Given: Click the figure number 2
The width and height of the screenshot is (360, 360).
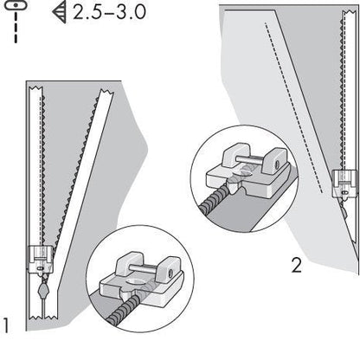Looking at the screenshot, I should (x=296, y=266).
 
